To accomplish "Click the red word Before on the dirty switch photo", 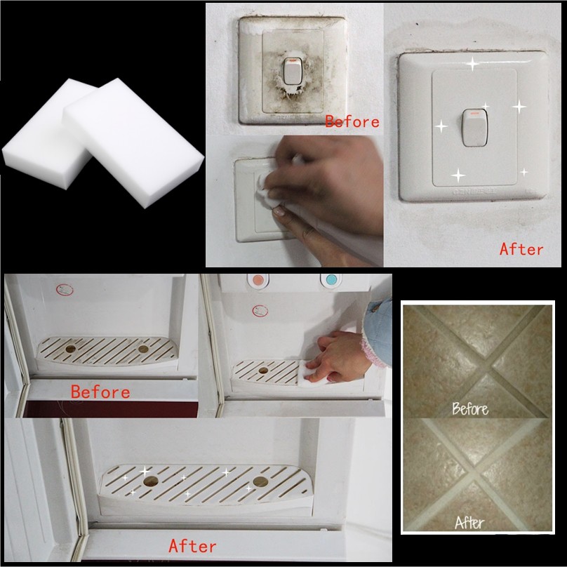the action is click(352, 121).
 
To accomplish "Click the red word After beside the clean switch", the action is click(521, 249).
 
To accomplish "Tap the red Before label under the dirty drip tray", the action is click(100, 392).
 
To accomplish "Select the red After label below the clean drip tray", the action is click(192, 546).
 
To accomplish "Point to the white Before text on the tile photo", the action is click(470, 408).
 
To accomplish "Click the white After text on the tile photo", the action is click(469, 523).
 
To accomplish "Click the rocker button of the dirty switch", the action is click(293, 71).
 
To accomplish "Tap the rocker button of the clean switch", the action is click(475, 127).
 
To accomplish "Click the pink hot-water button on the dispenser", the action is click(258, 281).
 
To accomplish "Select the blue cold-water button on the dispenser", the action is click(331, 280).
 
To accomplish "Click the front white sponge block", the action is click(133, 143).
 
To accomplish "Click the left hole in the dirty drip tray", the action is click(70, 349).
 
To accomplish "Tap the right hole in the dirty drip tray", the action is click(143, 349).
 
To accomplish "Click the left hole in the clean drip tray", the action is click(151, 481).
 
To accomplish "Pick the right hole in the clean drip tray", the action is click(260, 481).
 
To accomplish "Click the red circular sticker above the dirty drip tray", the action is click(65, 290).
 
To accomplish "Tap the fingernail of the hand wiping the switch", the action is click(279, 211).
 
